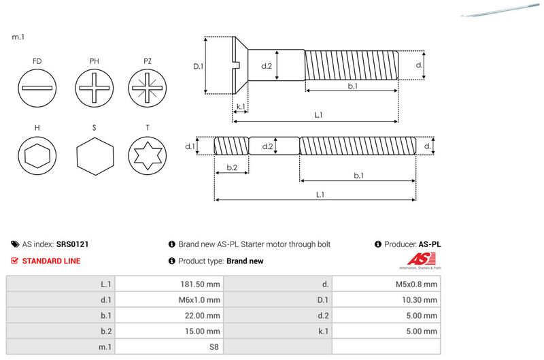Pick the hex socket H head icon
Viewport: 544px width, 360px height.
[x=37, y=156]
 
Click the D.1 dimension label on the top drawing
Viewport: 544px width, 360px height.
[x=199, y=66]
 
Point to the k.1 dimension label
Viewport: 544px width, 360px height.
[x=240, y=107]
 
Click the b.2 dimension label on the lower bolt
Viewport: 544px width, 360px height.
[x=231, y=167]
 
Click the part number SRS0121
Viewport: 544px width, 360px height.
[x=73, y=244]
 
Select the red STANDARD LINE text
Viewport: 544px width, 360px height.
[x=51, y=261]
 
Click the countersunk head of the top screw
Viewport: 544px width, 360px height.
[x=240, y=65]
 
